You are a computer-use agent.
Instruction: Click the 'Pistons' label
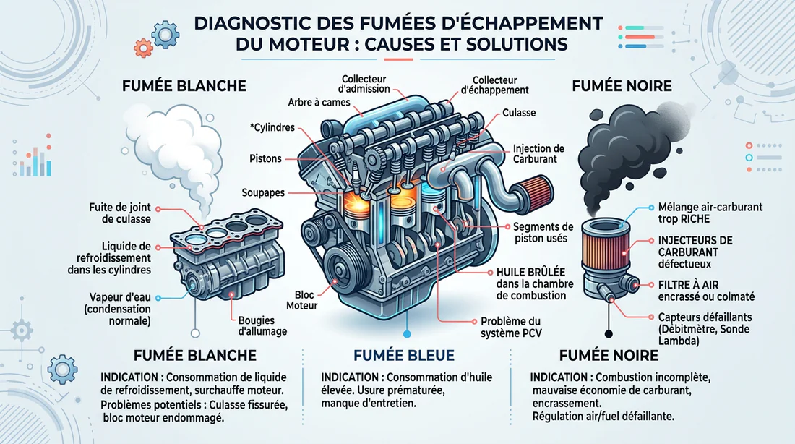tap(267, 158)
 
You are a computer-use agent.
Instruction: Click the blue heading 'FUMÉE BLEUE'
tap(403, 355)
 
